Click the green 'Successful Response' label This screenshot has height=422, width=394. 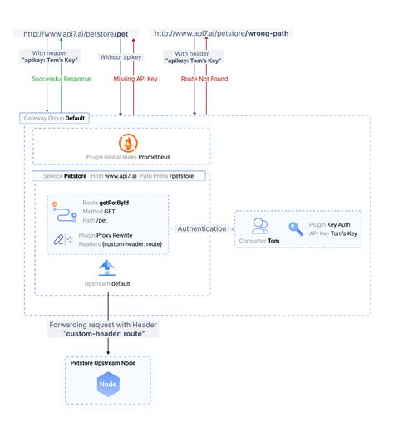coord(62,79)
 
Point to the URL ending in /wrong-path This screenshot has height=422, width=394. coord(222,33)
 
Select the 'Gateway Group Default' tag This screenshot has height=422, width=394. coord(56,118)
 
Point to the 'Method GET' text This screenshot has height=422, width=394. coord(98,212)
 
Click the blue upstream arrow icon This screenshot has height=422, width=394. coord(107,267)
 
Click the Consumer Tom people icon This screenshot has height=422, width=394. coord(259,225)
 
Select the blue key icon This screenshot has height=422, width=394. coord(296,228)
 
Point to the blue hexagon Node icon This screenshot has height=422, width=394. coord(108,385)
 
